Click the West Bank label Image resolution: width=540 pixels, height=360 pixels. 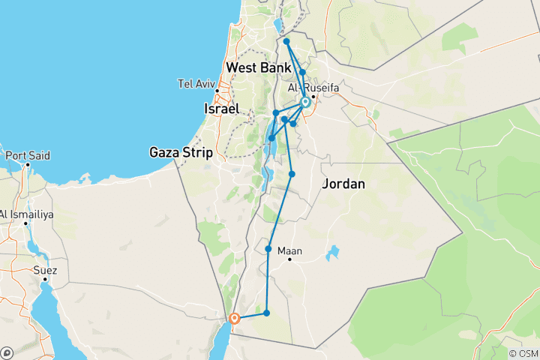pyautogui.click(x=259, y=68)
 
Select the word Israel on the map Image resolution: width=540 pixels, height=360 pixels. pyautogui.click(x=221, y=109)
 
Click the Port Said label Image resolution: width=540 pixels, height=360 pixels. pyautogui.click(x=28, y=156)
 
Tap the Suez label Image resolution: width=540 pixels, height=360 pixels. pyautogui.click(x=45, y=268)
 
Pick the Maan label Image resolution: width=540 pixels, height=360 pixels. pyautogui.click(x=289, y=250)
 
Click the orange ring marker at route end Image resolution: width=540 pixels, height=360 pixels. pyautogui.click(x=235, y=318)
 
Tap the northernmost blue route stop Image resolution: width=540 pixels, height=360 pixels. pyautogui.click(x=287, y=41)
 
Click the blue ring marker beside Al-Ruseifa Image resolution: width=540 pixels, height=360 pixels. pyautogui.click(x=305, y=102)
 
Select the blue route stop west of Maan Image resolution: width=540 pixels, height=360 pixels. pyautogui.click(x=268, y=248)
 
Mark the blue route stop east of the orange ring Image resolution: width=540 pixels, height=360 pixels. pyautogui.click(x=266, y=312)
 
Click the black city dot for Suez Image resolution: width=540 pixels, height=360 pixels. pyautogui.click(x=45, y=279)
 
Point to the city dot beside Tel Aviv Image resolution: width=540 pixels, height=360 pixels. pyautogui.click(x=217, y=91)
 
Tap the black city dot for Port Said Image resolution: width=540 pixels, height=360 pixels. pyautogui.click(x=28, y=164)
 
